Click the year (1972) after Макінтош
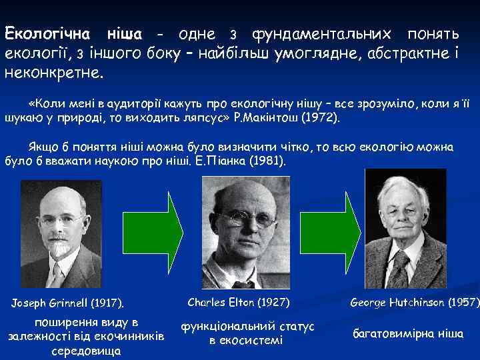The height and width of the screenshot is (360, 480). click(321, 118)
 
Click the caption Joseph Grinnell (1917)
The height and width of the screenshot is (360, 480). click(69, 305)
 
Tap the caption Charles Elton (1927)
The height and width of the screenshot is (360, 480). click(239, 302)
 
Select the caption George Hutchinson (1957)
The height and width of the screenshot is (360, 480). click(414, 303)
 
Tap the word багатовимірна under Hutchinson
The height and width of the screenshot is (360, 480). click(390, 333)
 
